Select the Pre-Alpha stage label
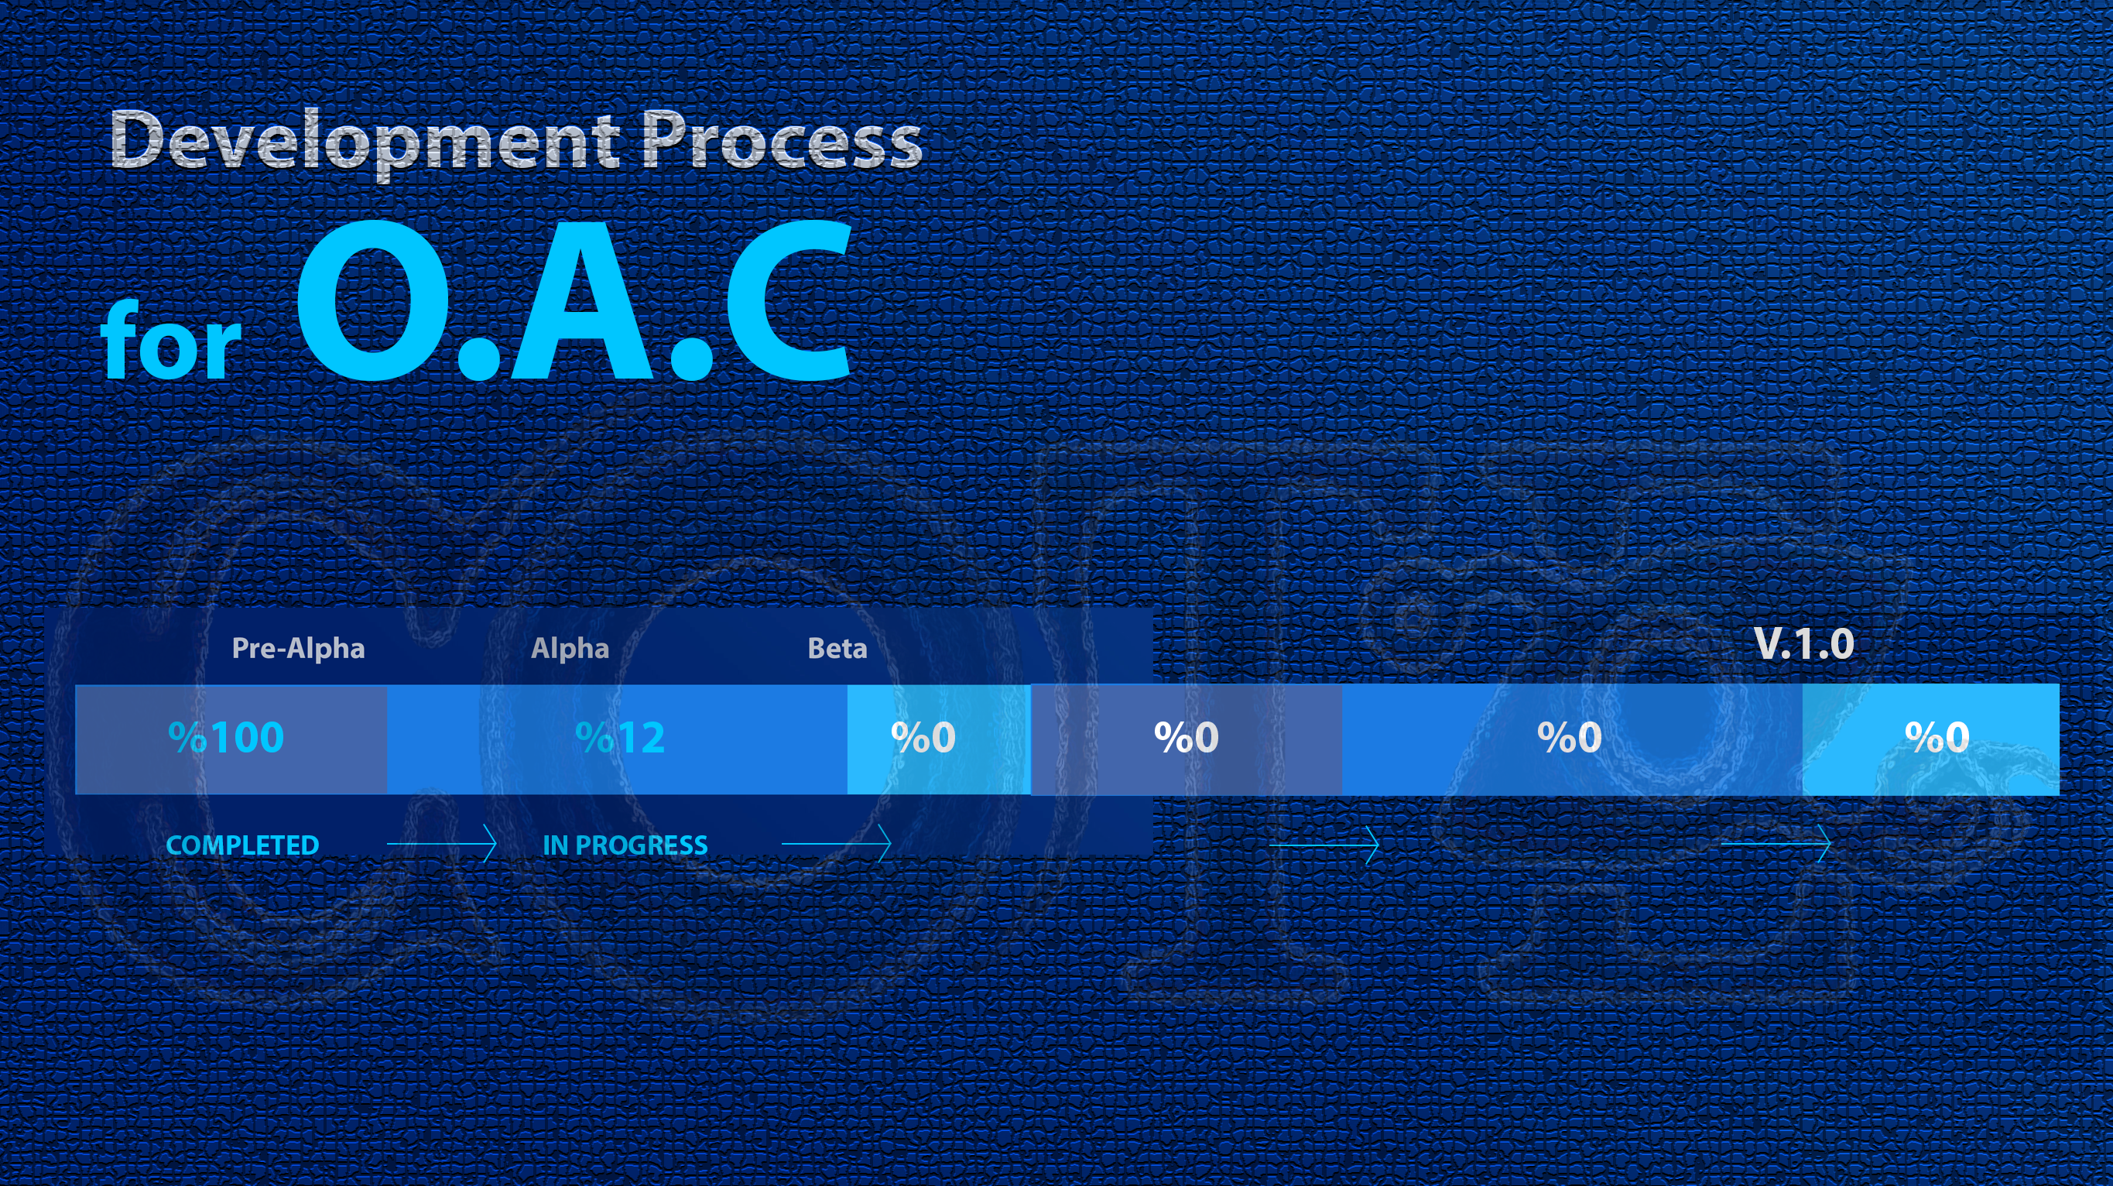(298, 649)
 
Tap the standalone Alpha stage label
(570, 649)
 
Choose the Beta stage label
(837, 649)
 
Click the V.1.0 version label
(1803, 645)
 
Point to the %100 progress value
(226, 737)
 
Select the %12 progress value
(620, 737)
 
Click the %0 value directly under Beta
(923, 737)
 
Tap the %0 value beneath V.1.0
(1937, 737)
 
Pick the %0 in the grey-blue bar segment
(1186, 737)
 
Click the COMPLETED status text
(242, 845)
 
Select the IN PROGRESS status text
(625, 845)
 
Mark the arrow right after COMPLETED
(442, 844)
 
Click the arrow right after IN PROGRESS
(837, 844)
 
